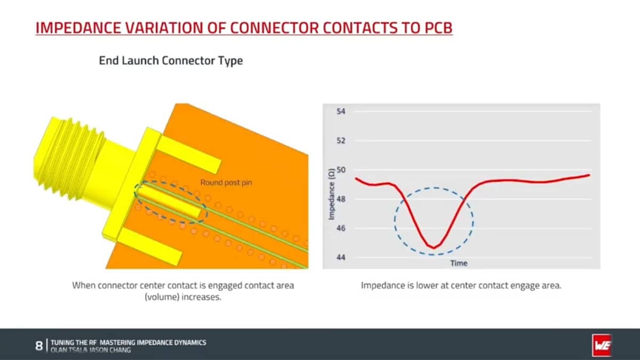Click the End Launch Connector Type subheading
(x=171, y=60)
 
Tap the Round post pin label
(x=226, y=182)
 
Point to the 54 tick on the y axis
(x=341, y=112)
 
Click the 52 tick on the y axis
(x=341, y=141)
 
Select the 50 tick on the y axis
(x=341, y=170)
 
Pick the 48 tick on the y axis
(x=341, y=199)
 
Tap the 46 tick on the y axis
(x=341, y=228)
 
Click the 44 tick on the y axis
(x=341, y=258)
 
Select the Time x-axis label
(x=459, y=263)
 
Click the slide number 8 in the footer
(x=39, y=346)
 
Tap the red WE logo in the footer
(x=602, y=346)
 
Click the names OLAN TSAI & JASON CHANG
(x=90, y=350)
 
